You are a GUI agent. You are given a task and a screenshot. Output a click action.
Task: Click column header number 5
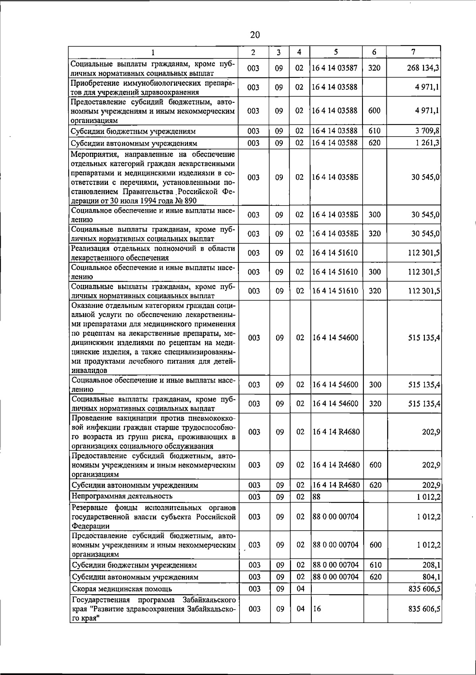[x=336, y=52]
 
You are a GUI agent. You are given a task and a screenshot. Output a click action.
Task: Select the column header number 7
[x=414, y=52]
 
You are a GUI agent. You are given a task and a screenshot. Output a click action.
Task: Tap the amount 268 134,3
[x=423, y=68]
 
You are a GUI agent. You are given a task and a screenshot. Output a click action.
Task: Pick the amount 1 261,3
[x=426, y=143]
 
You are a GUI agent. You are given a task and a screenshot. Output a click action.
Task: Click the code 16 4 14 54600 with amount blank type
[x=335, y=338]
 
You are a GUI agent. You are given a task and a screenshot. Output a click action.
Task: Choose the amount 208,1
[x=431, y=565]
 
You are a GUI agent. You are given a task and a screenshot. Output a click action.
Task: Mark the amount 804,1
[x=431, y=577]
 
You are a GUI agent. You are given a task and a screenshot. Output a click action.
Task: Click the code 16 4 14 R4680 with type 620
[x=336, y=485]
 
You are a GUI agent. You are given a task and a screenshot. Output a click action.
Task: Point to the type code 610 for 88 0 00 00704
[x=375, y=565]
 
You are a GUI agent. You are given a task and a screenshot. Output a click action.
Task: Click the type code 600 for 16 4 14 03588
[x=374, y=111]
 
